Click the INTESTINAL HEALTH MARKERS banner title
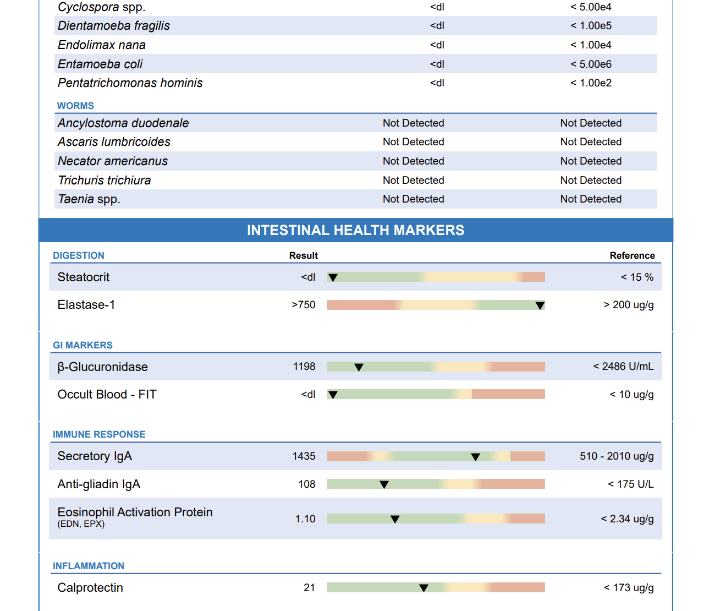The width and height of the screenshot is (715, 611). pos(356,230)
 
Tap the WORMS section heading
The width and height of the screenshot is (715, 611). pos(75,106)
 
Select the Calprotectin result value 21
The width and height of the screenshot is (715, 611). pos(309,587)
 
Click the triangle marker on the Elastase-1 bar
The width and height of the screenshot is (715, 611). pos(540,305)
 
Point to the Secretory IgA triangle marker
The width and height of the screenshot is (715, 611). pos(476,457)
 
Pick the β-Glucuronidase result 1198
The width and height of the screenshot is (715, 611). pos(304,366)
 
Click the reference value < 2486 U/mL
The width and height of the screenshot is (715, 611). pos(623,366)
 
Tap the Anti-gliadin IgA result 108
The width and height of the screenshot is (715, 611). pos(307,484)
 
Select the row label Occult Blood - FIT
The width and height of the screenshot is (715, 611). pos(107,394)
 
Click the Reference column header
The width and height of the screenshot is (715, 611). pos(632,255)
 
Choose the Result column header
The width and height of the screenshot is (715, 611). pos(304,255)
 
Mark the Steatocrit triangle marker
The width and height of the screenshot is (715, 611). pos(333,277)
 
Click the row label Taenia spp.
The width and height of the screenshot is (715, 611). pos(89,199)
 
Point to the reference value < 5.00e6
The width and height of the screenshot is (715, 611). pos(591,64)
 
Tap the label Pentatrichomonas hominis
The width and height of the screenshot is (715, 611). pos(130,83)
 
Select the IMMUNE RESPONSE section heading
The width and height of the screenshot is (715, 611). pos(99,434)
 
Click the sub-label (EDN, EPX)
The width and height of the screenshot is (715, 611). pos(81,524)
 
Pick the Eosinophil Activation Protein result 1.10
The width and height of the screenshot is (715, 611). pos(305,519)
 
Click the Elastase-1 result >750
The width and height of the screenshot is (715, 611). pos(304,304)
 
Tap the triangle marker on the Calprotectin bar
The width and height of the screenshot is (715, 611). pos(424,588)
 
